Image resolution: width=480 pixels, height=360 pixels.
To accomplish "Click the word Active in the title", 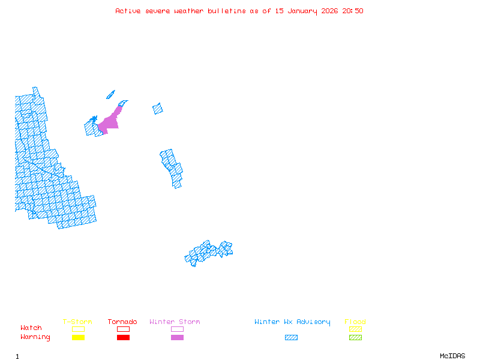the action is (x=128, y=11).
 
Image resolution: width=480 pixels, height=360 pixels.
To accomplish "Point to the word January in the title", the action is (x=306, y=11).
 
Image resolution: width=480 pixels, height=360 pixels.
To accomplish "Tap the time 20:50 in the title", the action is (x=353, y=11).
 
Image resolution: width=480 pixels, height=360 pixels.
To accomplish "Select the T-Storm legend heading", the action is (x=77, y=322).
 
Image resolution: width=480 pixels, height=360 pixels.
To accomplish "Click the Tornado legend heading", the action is (x=122, y=322).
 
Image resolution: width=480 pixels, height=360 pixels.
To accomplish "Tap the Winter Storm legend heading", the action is (x=175, y=322).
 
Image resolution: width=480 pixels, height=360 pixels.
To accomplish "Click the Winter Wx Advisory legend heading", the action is (x=292, y=322).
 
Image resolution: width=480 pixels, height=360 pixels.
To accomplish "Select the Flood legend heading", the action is (x=355, y=322).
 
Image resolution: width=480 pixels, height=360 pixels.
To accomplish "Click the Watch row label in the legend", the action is (x=31, y=328).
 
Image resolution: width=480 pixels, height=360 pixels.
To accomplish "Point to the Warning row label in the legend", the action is (x=35, y=337).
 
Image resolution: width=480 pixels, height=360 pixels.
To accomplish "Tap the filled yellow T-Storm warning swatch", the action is (x=78, y=338).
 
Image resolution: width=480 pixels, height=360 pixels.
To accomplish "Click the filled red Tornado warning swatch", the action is (x=123, y=338).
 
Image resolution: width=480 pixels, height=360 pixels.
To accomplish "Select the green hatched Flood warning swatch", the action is (x=355, y=338).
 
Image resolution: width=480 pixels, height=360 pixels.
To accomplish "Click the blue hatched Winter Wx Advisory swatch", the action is (x=291, y=338).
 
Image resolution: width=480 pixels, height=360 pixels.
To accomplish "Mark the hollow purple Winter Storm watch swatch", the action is (x=177, y=329).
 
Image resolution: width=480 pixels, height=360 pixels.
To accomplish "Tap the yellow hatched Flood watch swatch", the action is (x=355, y=329).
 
